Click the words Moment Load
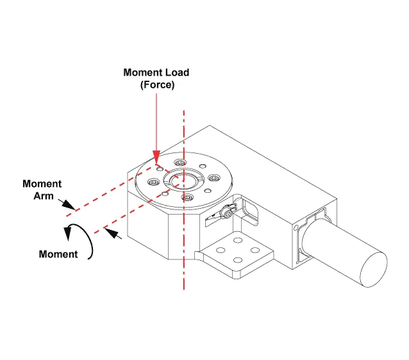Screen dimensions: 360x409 tap(156, 72)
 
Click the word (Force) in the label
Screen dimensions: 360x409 tap(157, 85)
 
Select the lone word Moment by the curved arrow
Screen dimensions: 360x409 tap(58, 254)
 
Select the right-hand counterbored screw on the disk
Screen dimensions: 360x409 tap(212, 179)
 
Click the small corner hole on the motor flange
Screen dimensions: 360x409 tap(296, 229)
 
